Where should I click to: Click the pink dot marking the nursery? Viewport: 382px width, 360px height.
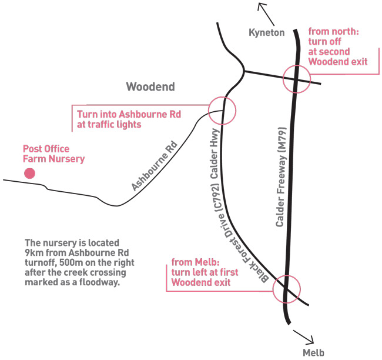tap(29, 174)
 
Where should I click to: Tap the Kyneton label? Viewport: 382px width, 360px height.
tap(267, 32)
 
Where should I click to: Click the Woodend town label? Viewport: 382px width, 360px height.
tap(150, 87)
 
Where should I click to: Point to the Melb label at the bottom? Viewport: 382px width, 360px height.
tap(314, 353)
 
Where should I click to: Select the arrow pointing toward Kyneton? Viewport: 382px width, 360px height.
tap(266, 14)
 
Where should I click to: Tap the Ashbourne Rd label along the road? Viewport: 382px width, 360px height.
tap(154, 166)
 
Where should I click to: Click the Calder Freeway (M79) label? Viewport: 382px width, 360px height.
tap(281, 177)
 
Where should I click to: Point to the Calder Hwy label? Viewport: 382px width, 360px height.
tap(214, 154)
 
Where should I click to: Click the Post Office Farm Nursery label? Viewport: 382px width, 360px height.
tap(53, 154)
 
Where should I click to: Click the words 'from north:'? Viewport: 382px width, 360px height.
tap(334, 31)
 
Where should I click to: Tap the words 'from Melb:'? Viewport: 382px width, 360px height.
tap(195, 262)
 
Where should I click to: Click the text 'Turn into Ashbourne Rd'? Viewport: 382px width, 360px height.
tap(129, 114)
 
